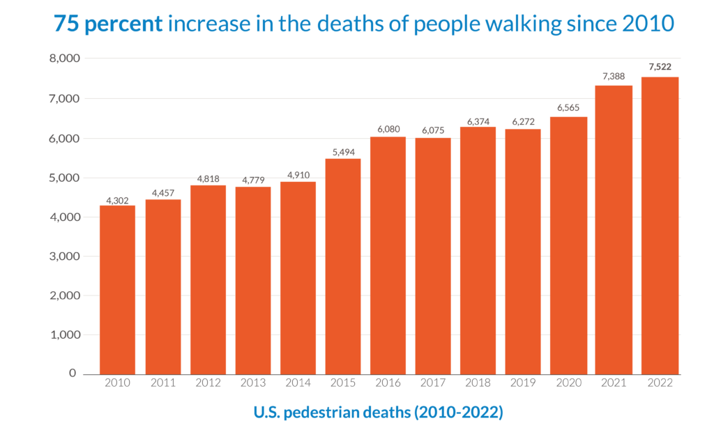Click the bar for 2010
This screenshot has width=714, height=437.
coord(117,289)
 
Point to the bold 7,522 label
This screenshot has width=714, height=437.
coord(659,67)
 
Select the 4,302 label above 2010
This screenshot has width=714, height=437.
coord(117,200)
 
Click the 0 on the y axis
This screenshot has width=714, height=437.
coord(73,374)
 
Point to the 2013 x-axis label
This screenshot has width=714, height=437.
coord(252,383)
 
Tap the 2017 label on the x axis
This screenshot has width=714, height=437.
coord(433,383)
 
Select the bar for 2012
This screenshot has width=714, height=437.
coord(207,279)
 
